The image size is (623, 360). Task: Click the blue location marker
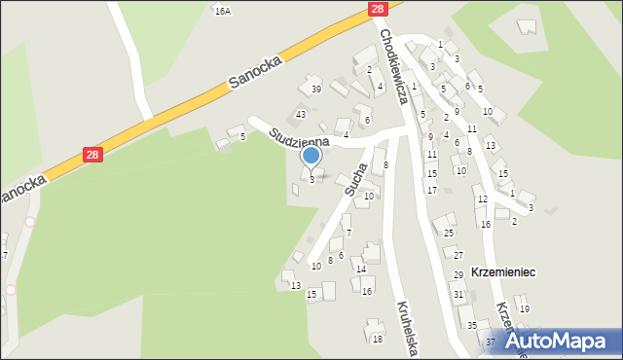(311, 156)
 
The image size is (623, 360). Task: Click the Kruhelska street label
(407, 328)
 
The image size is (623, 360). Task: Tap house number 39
(315, 90)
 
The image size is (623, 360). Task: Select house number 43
(301, 115)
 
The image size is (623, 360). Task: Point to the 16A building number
(223, 11)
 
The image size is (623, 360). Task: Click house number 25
(449, 233)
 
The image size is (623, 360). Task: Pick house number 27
(458, 255)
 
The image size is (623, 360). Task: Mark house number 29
(458, 276)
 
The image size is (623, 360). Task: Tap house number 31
(458, 294)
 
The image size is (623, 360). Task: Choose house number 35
(471, 326)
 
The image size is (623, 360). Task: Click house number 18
(377, 339)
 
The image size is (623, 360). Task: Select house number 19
(524, 309)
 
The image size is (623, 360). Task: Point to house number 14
(360, 270)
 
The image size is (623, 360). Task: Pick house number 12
(480, 199)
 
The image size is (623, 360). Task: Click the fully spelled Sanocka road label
(255, 73)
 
